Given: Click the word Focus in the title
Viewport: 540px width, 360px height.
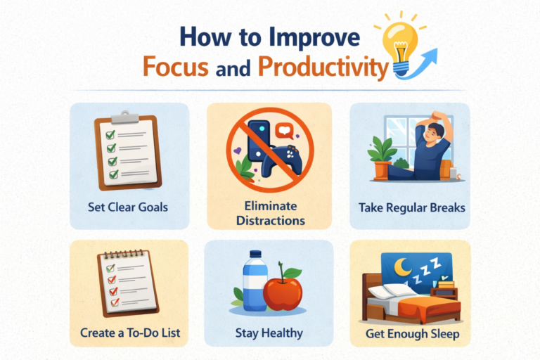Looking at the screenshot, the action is (x=176, y=66).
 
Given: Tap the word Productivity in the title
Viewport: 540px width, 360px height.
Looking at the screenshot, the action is (x=323, y=67).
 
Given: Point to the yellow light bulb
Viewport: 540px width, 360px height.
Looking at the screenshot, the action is (x=400, y=46).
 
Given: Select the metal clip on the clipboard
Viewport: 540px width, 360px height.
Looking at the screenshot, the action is (x=124, y=117).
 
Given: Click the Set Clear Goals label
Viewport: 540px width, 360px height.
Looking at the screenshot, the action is (x=128, y=207).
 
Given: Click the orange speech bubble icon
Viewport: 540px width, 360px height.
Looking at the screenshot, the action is (x=285, y=131).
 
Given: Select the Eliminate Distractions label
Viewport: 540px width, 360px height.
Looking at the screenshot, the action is (x=271, y=213).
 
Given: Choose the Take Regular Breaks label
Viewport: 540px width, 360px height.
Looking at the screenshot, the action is (x=412, y=207).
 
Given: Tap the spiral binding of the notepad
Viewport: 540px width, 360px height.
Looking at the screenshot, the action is (x=123, y=255).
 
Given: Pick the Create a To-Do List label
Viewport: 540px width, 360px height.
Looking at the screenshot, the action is (x=130, y=333).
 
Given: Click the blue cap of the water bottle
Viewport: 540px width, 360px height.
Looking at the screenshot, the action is (x=255, y=254).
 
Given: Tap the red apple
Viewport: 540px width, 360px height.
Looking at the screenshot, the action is (x=283, y=293).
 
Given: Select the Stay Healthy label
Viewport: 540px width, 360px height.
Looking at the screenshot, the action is (x=269, y=333).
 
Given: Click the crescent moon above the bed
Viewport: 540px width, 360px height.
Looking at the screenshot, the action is (x=403, y=267).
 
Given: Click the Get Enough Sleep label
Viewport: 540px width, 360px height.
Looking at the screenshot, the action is (x=412, y=334).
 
